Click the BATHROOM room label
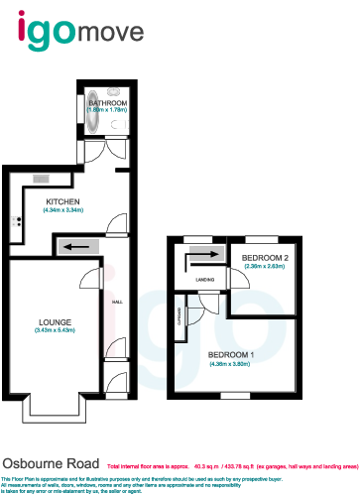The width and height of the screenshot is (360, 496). tap(107, 102)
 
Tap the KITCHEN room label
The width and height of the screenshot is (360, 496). tap(61, 200)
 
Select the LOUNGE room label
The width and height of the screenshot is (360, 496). tap(55, 322)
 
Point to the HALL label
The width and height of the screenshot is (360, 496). tap(116, 301)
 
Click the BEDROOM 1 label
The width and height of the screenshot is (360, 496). tap(231, 354)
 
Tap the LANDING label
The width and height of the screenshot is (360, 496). tap(206, 281)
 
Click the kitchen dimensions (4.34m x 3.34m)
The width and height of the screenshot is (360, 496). tap(61, 210)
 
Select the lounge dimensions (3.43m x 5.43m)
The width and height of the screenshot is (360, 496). tap(55, 330)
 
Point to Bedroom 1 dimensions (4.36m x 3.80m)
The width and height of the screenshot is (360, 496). tap(231, 364)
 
